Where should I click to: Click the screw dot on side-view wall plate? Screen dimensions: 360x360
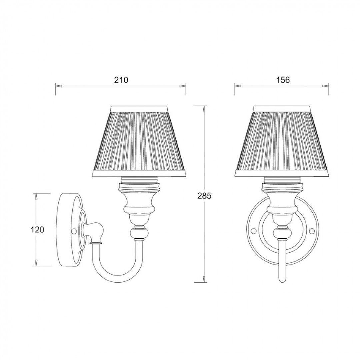point(74,230)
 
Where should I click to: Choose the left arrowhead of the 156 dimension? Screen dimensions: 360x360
point(237,86)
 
